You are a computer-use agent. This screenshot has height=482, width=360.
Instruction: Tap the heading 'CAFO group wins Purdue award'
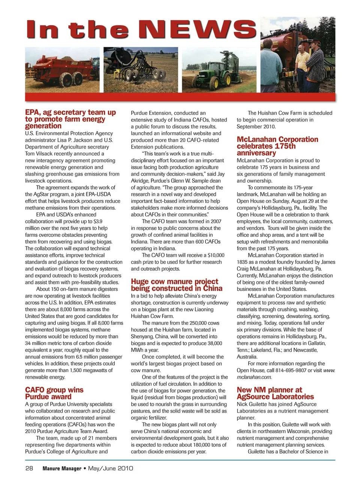tap(54, 393)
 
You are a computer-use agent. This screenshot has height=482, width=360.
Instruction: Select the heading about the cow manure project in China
tap(176, 285)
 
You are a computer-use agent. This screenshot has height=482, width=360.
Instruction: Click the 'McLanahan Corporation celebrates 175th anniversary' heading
tap(277, 146)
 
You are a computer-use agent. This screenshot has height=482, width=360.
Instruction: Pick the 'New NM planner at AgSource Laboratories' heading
tap(275, 393)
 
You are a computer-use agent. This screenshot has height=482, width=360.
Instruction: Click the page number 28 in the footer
tap(29, 468)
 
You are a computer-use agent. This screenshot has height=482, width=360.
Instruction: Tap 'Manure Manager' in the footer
tap(62, 468)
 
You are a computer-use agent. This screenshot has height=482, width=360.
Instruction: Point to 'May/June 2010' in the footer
tap(110, 468)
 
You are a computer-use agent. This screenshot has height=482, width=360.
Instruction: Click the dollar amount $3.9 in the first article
tap(98, 221)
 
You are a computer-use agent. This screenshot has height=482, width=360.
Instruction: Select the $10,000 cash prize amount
tap(216, 255)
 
